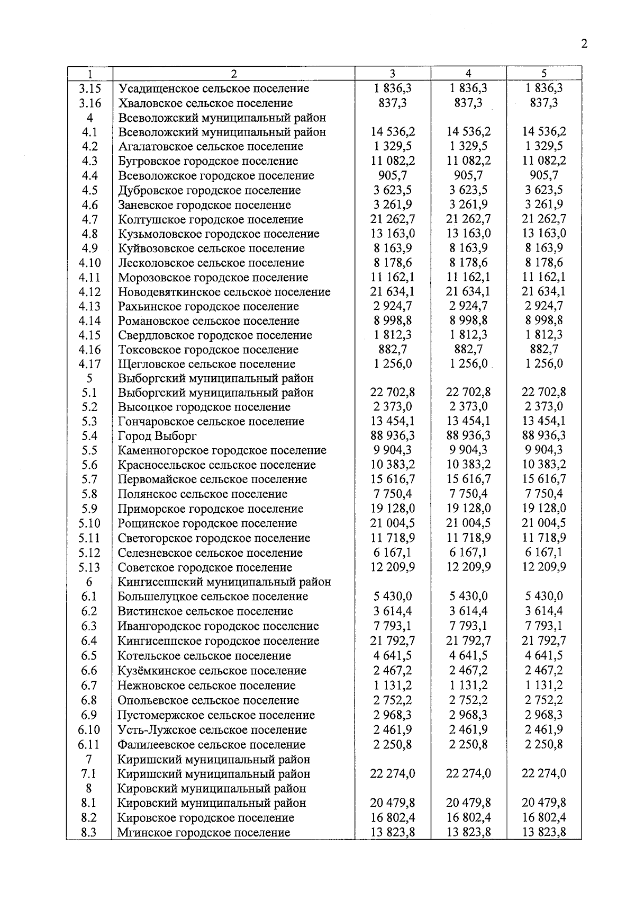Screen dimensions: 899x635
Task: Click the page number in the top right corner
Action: click(x=584, y=44)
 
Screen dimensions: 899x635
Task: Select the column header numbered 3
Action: click(x=392, y=74)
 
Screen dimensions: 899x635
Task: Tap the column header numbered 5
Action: click(x=544, y=74)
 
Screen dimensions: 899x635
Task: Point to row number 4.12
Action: click(x=89, y=292)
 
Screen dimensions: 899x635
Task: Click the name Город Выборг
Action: click(x=157, y=436)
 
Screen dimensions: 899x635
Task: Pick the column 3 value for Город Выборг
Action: click(x=393, y=435)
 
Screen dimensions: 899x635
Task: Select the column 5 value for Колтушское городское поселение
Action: click(x=544, y=219)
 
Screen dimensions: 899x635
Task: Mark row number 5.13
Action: click(x=89, y=567)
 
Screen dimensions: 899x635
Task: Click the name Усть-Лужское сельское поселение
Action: click(x=212, y=730)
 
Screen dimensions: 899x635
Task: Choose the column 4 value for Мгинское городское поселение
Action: click(x=468, y=832)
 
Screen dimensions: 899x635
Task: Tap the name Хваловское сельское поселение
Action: click(x=205, y=103)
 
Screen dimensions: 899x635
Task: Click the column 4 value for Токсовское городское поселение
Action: click(x=468, y=349)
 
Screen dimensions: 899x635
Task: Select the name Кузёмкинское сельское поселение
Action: click(x=212, y=671)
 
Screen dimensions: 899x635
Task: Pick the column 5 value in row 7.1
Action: click(x=544, y=773)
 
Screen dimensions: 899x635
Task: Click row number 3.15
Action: click(x=89, y=88)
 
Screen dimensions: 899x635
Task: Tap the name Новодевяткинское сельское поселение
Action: click(x=224, y=292)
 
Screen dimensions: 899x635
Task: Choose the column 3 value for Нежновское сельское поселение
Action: click(x=393, y=685)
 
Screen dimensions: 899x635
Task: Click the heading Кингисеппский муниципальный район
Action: click(x=224, y=582)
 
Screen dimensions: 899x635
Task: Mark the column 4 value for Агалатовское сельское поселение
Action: click(x=468, y=146)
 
